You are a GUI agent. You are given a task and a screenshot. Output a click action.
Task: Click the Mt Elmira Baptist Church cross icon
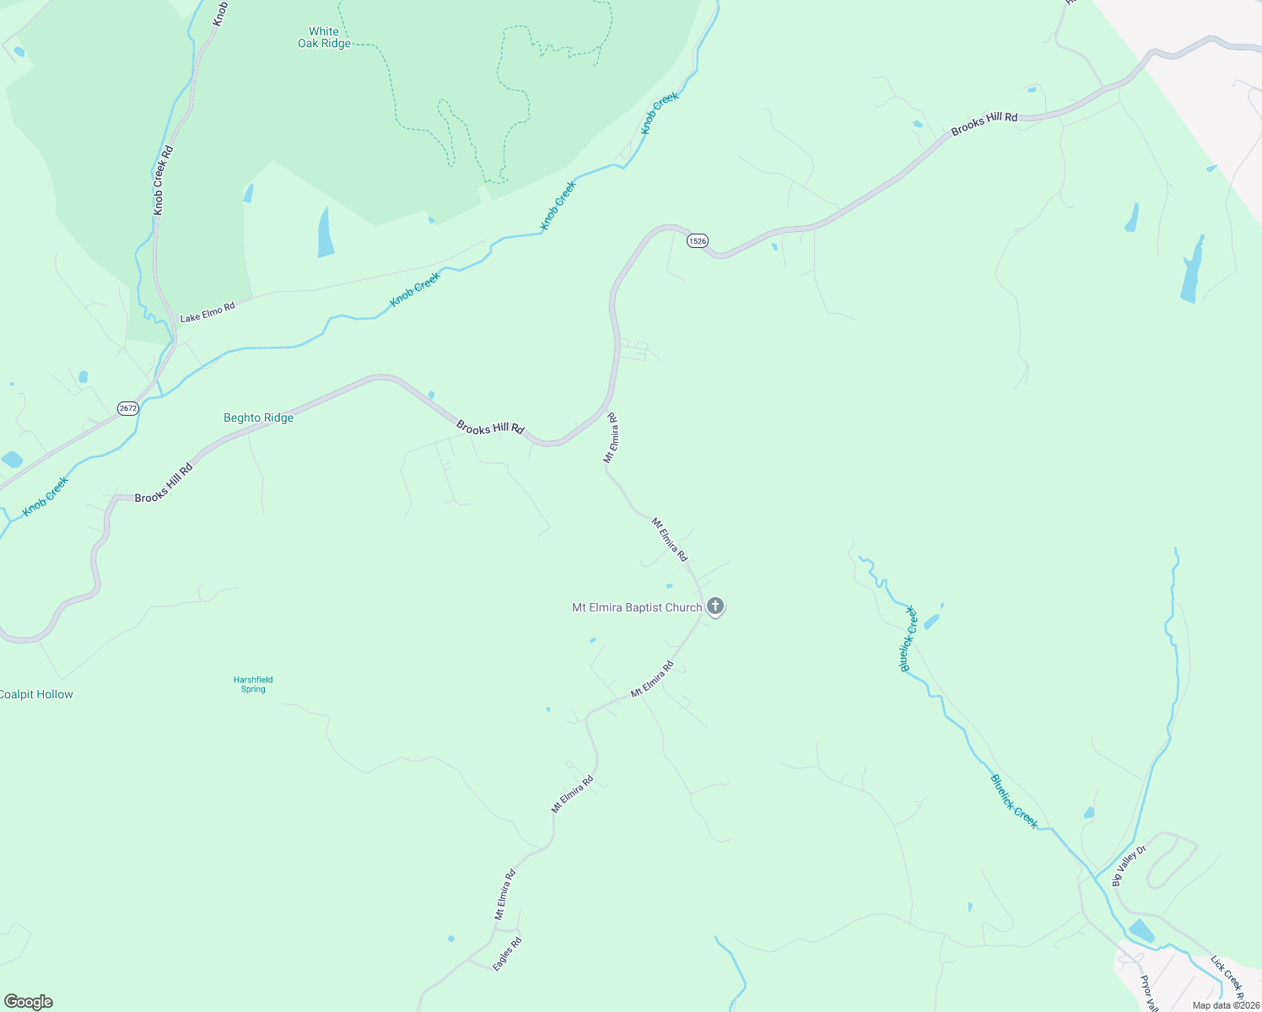click(x=715, y=606)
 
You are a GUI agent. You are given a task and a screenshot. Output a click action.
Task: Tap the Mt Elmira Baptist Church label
click(x=637, y=607)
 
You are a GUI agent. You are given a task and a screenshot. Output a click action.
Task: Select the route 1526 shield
click(x=697, y=241)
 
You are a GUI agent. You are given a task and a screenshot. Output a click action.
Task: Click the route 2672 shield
click(x=127, y=408)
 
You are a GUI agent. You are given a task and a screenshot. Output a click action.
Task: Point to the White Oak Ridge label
click(x=324, y=37)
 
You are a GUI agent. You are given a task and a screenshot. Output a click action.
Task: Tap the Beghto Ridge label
click(x=258, y=417)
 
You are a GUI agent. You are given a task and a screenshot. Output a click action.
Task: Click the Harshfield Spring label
click(x=253, y=684)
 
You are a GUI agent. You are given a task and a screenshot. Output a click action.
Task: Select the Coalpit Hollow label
click(x=35, y=694)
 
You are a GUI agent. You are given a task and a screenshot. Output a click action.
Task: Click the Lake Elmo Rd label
click(x=208, y=312)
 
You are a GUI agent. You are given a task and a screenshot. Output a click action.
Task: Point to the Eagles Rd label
click(x=508, y=953)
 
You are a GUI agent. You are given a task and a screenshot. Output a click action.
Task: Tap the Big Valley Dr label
click(x=1129, y=866)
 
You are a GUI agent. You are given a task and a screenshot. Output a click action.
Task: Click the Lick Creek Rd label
click(x=1227, y=973)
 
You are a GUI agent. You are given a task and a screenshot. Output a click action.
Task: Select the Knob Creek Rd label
click(x=164, y=180)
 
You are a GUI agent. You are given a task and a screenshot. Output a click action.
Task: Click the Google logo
click(x=29, y=1002)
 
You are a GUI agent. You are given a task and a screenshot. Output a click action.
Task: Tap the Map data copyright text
click(x=1226, y=1005)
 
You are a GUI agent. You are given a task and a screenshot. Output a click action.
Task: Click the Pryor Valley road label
click(x=1148, y=993)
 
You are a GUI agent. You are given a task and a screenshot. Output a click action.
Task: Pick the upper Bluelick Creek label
click(x=909, y=638)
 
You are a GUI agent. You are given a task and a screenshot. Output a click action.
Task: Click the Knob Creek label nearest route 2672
click(x=46, y=496)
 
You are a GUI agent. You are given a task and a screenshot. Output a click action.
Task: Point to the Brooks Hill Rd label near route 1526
click(x=984, y=124)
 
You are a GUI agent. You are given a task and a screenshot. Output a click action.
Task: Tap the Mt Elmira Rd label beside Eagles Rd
click(x=505, y=894)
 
